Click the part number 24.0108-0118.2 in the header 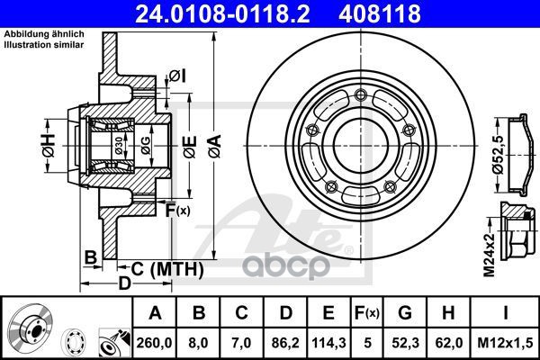tap(222, 13)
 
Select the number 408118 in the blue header tap(380, 13)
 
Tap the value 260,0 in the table tap(154, 343)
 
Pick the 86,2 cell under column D tap(285, 343)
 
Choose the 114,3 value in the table tap(328, 343)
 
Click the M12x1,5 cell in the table tap(505, 343)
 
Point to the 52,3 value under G tap(405, 343)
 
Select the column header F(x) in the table tap(367, 313)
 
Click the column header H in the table tap(448, 313)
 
